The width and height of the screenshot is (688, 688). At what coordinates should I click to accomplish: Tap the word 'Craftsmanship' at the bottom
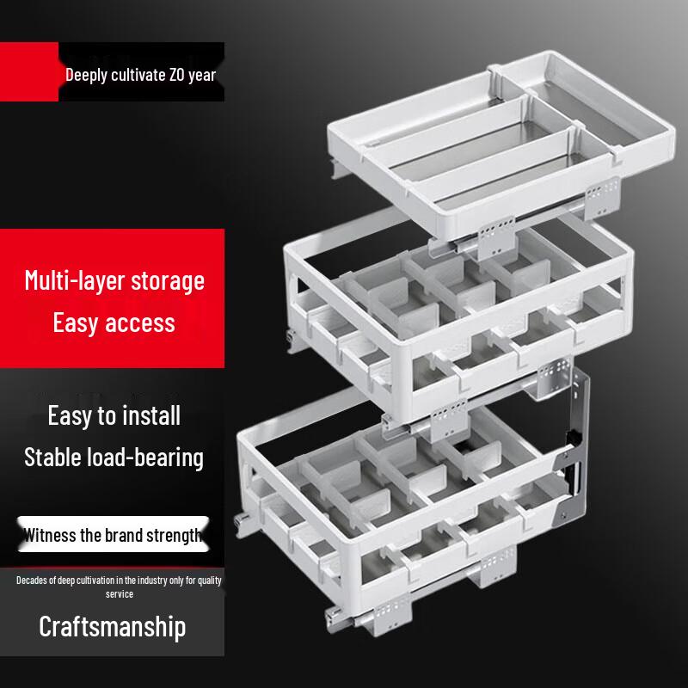coord(112,626)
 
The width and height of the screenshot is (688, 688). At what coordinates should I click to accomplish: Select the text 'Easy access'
coord(114,322)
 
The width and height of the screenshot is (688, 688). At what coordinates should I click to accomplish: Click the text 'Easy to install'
coord(114,415)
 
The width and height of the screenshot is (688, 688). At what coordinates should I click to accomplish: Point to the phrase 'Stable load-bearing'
coord(114,457)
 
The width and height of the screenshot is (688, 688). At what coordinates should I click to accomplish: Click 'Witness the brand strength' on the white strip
coord(112,536)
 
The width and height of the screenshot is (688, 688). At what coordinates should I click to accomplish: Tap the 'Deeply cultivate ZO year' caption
coord(140,75)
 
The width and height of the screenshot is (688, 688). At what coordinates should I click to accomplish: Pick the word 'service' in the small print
coord(120,594)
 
